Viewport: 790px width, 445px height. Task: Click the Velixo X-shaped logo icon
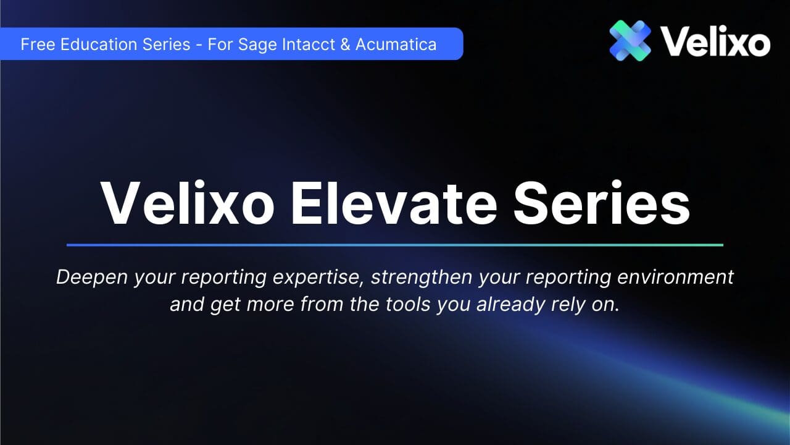[x=630, y=40]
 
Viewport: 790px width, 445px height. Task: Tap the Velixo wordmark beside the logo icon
[x=715, y=41]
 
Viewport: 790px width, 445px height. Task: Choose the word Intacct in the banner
[x=311, y=44]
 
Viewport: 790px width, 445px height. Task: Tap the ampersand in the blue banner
[x=345, y=44]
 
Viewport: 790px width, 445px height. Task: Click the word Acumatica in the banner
[x=396, y=44]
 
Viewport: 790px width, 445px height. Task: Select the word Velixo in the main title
[x=188, y=203]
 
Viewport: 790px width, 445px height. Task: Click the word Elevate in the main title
[x=394, y=203]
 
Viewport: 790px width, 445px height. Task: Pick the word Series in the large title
[x=601, y=203]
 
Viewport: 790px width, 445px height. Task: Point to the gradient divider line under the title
[x=395, y=245]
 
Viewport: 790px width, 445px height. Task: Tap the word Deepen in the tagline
[x=92, y=278]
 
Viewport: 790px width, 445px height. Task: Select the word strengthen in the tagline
[x=422, y=278]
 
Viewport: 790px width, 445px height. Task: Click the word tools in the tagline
[x=408, y=304]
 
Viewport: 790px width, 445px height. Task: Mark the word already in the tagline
[x=510, y=305]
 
